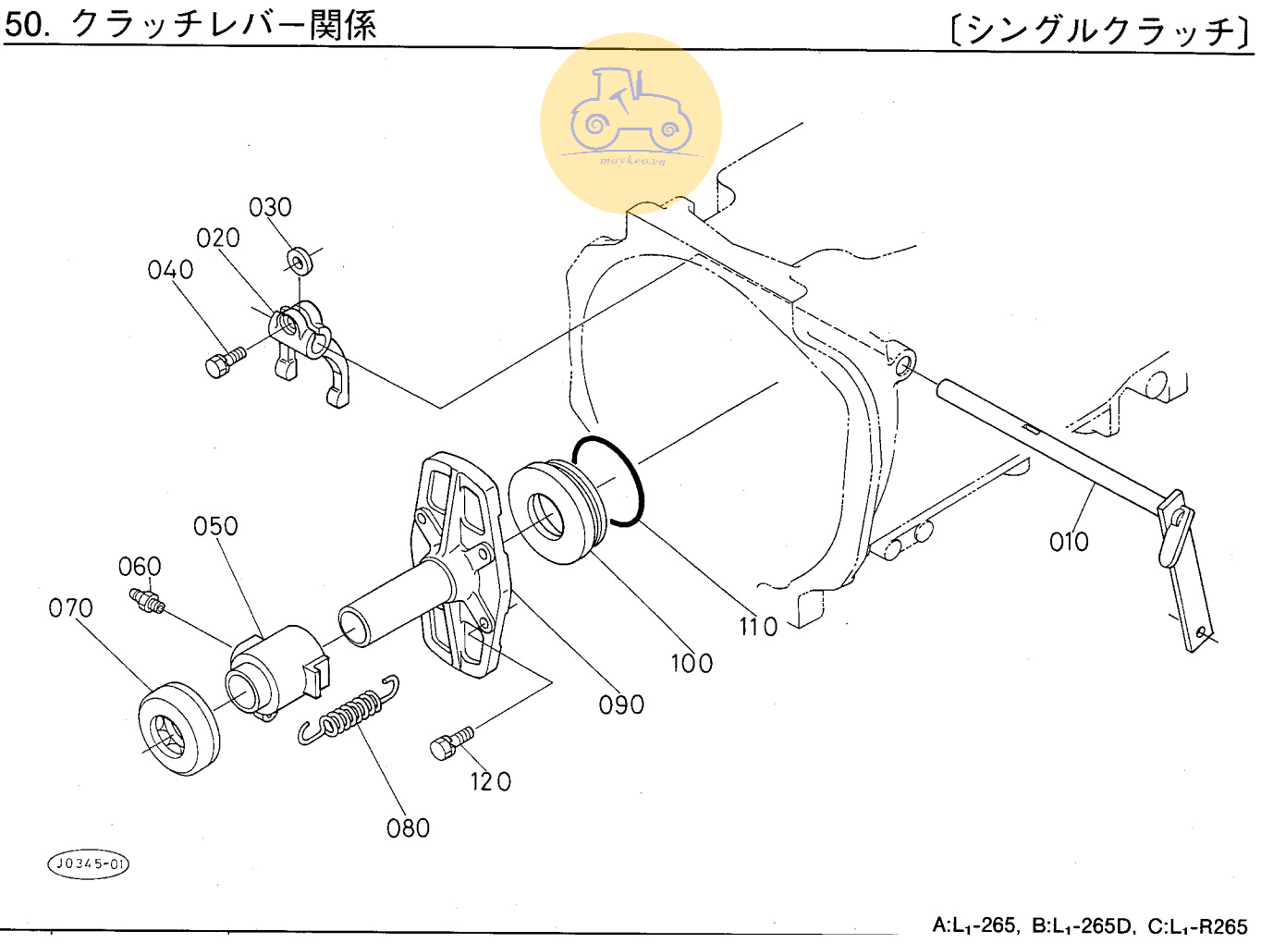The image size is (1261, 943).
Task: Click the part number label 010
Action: click(x=1069, y=542)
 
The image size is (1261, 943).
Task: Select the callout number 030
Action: click(x=270, y=207)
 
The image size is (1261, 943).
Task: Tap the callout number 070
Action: click(x=70, y=607)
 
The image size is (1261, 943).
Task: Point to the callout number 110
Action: click(x=758, y=627)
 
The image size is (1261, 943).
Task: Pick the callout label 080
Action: click(x=408, y=827)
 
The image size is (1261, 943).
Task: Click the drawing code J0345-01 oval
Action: click(x=88, y=863)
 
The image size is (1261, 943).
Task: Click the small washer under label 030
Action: click(x=300, y=260)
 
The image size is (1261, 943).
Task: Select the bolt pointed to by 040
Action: click(x=223, y=361)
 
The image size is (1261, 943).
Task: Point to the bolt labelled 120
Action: click(x=451, y=742)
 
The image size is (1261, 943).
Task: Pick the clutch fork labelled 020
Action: click(x=310, y=347)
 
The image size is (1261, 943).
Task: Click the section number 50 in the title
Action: click(x=24, y=24)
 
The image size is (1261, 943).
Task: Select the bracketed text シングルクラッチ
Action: click(x=1101, y=30)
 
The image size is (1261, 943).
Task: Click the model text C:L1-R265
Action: click(x=1197, y=925)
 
